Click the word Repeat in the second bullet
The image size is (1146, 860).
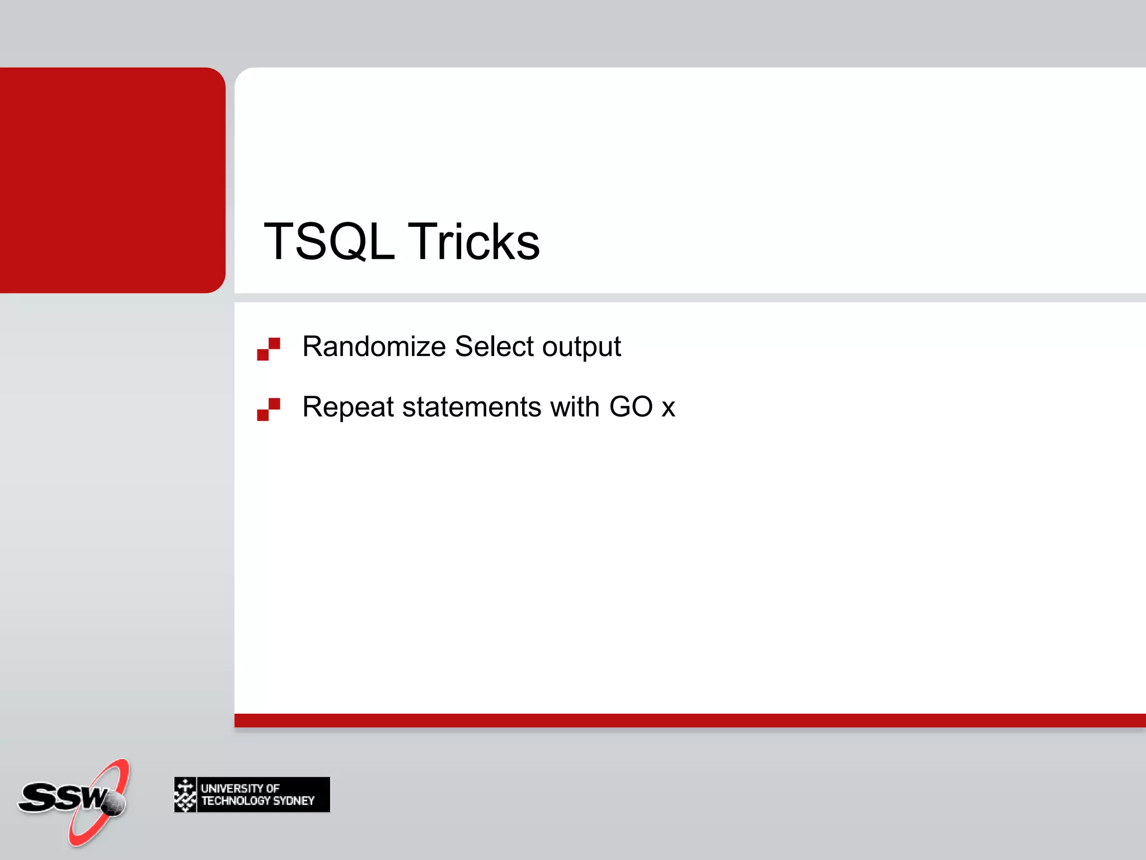[x=347, y=407]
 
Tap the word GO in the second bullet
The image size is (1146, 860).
[x=631, y=406]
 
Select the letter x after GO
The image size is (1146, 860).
[x=668, y=408]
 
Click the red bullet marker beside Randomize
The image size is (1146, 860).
[x=269, y=349]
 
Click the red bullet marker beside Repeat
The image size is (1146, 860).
[x=269, y=409]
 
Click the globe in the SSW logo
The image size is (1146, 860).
[x=115, y=804]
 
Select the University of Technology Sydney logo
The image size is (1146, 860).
[x=252, y=794]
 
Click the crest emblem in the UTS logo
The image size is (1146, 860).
[x=185, y=794]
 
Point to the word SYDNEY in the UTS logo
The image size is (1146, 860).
[x=293, y=801]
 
